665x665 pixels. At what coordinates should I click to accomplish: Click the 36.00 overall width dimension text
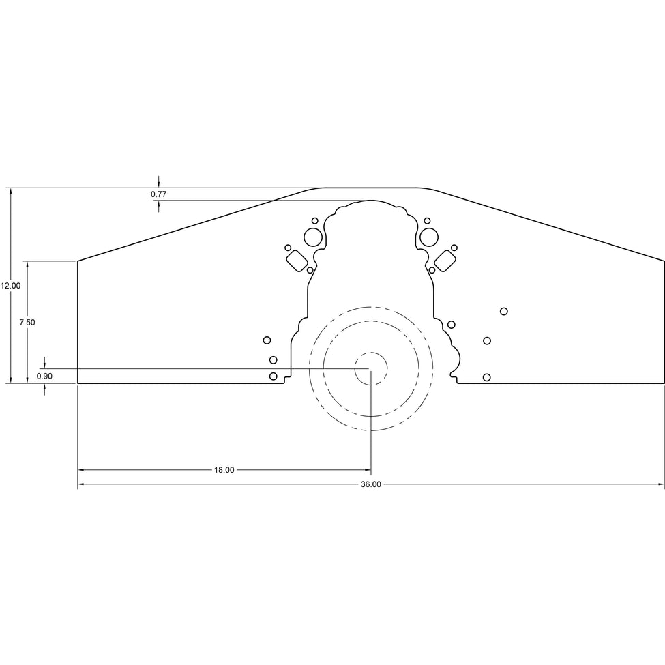[370, 484]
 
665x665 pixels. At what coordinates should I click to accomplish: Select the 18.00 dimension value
[224, 470]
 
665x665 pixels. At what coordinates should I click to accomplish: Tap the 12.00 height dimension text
[10, 286]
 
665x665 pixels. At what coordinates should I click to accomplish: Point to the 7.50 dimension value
[27, 323]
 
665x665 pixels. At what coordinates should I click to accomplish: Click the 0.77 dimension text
[158, 194]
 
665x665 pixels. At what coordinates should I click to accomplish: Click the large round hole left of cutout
[313, 237]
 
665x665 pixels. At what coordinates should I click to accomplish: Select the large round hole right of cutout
[429, 237]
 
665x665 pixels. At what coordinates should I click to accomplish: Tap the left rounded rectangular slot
[297, 260]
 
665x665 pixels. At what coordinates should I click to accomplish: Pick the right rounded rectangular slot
[445, 260]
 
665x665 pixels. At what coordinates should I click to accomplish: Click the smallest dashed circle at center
[371, 369]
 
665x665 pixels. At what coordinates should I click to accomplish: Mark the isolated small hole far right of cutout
[504, 311]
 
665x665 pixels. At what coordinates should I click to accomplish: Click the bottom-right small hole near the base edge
[487, 377]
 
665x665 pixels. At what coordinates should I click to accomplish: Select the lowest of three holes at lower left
[274, 376]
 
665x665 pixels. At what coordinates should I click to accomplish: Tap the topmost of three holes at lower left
[267, 340]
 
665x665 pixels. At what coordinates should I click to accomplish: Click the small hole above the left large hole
[314, 220]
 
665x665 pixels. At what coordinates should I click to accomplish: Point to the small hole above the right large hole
[427, 220]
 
